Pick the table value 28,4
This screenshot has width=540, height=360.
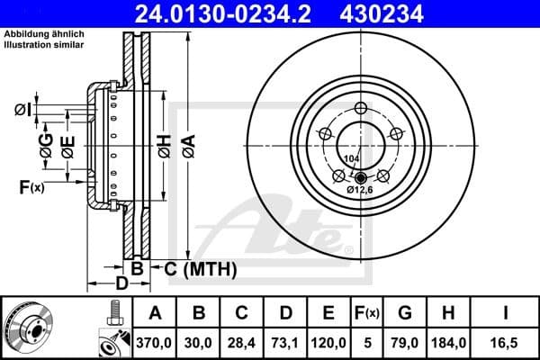(x=241, y=343)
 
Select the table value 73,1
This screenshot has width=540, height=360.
(x=284, y=343)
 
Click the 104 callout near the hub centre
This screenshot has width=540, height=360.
(x=353, y=157)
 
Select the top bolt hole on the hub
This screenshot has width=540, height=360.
(x=361, y=109)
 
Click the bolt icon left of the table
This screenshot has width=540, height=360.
(x=112, y=313)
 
